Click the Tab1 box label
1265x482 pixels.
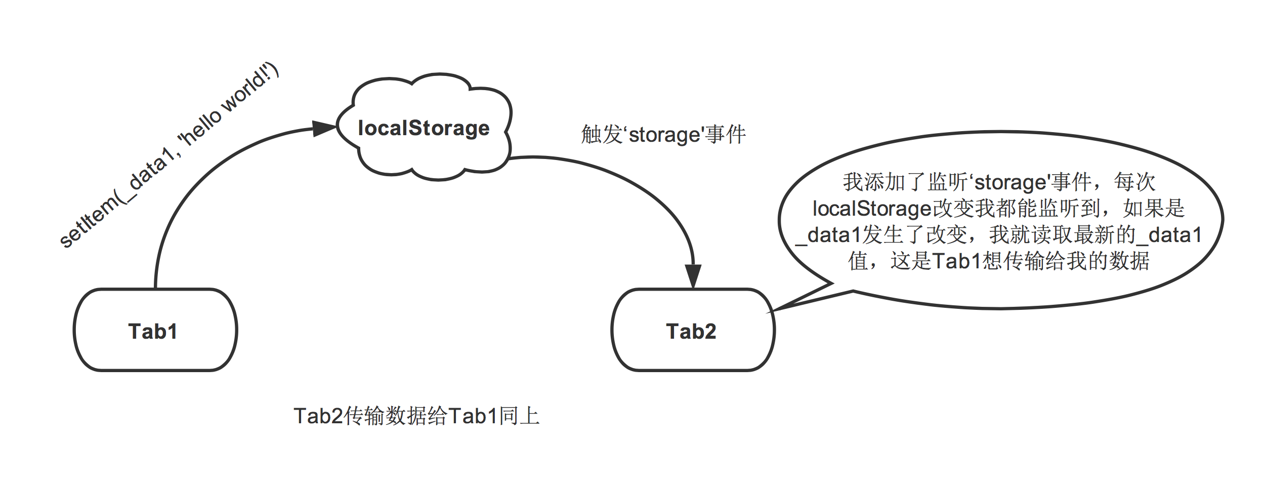click(x=153, y=332)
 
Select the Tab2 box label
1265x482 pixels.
click(x=691, y=332)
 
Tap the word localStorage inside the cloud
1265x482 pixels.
click(x=424, y=128)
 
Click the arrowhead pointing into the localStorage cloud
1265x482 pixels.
click(x=324, y=128)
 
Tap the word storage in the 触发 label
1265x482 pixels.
click(x=664, y=135)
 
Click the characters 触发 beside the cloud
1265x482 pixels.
click(x=601, y=135)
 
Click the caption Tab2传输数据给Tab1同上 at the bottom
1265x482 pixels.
click(x=416, y=416)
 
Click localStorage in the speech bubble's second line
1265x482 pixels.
click(x=872, y=209)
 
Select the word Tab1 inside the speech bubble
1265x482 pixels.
click(x=956, y=261)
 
